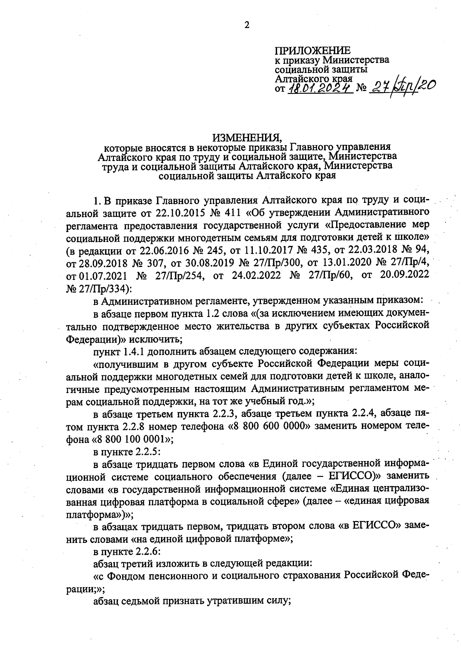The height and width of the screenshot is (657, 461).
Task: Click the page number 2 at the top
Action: [247, 25]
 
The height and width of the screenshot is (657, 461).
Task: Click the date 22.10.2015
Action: [177, 212]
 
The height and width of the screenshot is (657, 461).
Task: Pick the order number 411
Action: [238, 212]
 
